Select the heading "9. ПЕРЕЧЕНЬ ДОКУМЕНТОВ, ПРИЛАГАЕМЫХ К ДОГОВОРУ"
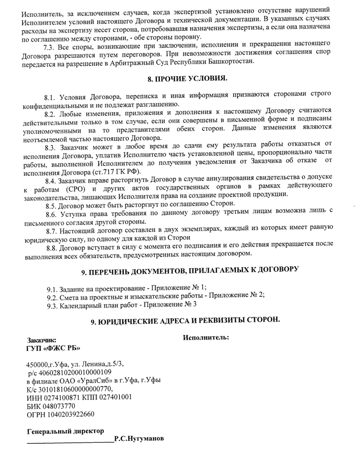(190, 270)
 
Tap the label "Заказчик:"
(42, 340)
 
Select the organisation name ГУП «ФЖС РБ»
(53, 349)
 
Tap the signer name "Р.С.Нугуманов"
(139, 438)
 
